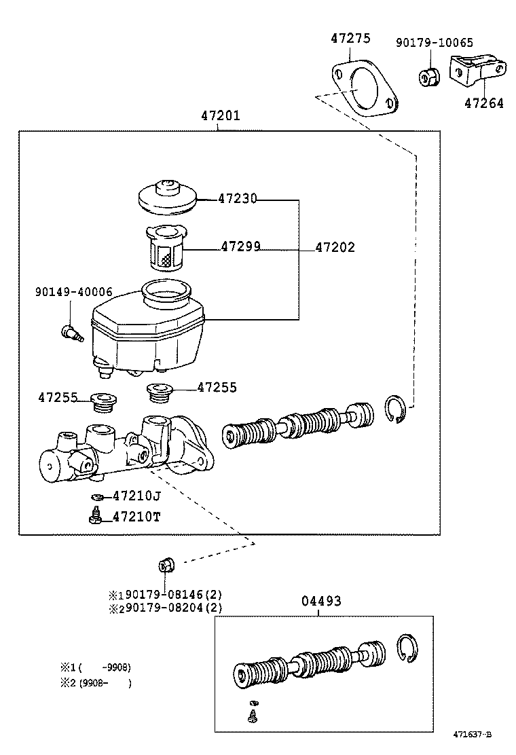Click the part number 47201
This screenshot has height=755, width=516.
[x=220, y=116]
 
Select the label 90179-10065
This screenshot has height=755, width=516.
[x=434, y=43]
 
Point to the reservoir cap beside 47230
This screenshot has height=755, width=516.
[x=168, y=196]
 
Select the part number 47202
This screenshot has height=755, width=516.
[x=335, y=248]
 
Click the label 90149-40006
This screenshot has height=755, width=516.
[x=74, y=292]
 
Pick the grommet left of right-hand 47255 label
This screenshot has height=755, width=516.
[x=160, y=392]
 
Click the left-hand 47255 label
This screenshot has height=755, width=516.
[x=58, y=398]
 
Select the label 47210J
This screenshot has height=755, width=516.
[x=136, y=496]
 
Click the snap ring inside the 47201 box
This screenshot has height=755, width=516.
[x=396, y=409]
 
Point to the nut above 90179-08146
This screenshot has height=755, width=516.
[x=166, y=564]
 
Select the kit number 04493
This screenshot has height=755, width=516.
[x=321, y=601]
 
